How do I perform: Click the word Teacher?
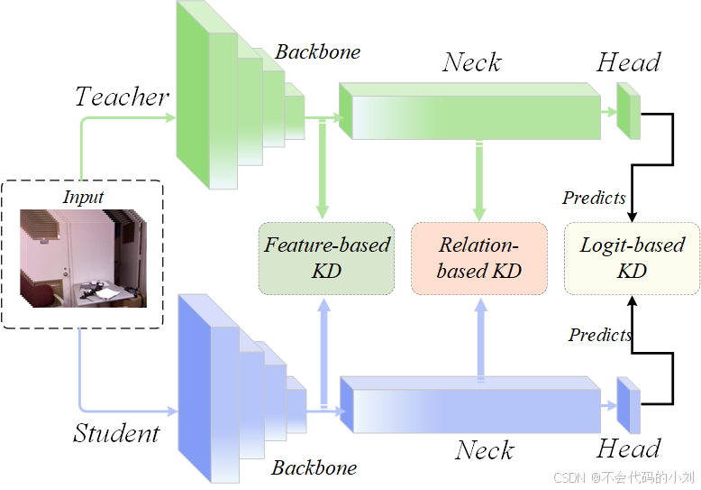[122, 97]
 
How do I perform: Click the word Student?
[116, 433]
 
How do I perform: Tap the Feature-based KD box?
[326, 258]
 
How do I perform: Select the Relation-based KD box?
[478, 258]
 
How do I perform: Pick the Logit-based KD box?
[632, 258]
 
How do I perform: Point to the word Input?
[83, 197]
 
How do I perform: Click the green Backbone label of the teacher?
[317, 52]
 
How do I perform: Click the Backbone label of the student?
[314, 468]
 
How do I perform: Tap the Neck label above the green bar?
[472, 63]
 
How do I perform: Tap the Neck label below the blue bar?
[485, 450]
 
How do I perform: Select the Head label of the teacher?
[628, 63]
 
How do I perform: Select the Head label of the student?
[628, 449]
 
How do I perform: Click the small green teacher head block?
[627, 111]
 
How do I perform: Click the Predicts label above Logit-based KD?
[594, 198]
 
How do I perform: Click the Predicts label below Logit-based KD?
[599, 336]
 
